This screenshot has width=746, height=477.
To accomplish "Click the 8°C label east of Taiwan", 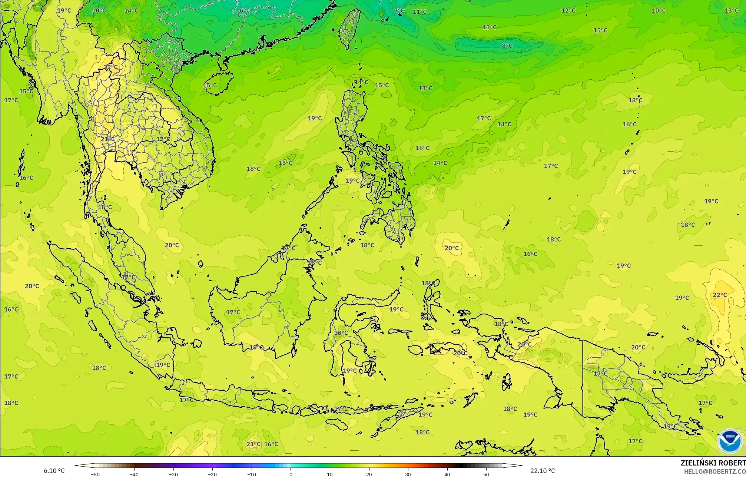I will [507, 46].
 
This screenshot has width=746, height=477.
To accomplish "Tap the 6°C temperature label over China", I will [245, 10].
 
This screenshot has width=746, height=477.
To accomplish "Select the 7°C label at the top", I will [399, 10].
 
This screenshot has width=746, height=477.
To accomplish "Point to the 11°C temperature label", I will [420, 11].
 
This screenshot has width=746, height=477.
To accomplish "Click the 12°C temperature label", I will [568, 10].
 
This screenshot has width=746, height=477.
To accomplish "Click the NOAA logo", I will [730, 441].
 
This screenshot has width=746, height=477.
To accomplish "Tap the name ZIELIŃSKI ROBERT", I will [713, 463].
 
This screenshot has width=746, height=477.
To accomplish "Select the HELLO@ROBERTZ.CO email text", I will [714, 471].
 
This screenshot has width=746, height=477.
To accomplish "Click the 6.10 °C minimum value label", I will [54, 471].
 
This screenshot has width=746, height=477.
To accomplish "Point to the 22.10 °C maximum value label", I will [543, 471].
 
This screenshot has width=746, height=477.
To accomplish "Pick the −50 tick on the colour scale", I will [95, 474].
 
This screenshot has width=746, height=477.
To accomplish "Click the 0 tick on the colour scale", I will [291, 474].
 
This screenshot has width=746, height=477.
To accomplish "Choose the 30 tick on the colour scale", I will [408, 474].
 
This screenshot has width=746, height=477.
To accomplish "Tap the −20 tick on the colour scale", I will [212, 474].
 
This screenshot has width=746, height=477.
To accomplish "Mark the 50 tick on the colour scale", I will [486, 474].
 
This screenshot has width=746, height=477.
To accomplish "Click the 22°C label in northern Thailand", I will [110, 67].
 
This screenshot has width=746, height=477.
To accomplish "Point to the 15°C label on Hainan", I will [210, 85].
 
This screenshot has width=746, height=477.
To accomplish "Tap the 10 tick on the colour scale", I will [330, 474].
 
